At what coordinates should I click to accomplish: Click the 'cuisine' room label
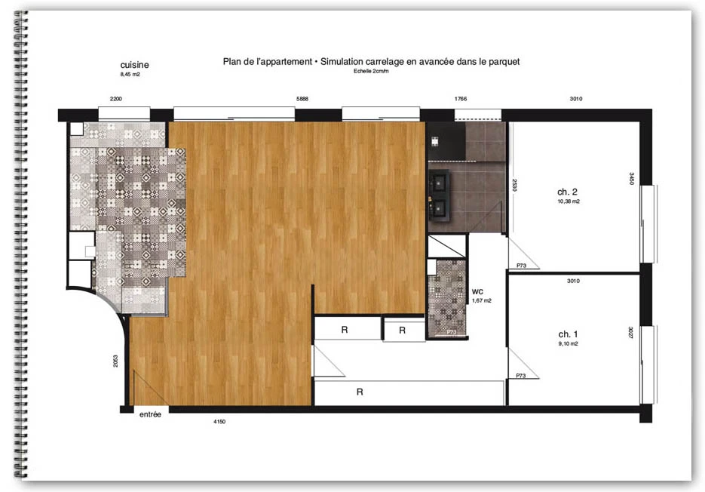pos(134,65)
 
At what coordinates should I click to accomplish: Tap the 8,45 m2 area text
pos(130,74)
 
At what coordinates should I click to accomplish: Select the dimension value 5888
pos(302,99)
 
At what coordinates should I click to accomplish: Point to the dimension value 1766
pos(461,99)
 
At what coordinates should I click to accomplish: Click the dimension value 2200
pos(116,99)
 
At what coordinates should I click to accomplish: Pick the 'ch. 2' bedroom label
pos(568,192)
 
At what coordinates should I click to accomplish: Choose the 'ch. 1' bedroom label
pos(568,334)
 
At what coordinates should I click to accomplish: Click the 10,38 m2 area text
pos(569,201)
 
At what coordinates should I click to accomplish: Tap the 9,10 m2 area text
pos(569,343)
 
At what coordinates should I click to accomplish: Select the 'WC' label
pos(477,292)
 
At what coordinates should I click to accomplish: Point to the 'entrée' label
pos(150,414)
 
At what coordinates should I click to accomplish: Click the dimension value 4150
pos(219,422)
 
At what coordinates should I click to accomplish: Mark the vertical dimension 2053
pos(115,361)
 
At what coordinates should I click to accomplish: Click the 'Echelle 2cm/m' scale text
pos(371,71)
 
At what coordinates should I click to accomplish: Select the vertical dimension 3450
pos(631,179)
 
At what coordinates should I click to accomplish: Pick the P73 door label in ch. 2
pos(521,266)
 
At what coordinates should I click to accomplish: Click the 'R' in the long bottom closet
pos(360,392)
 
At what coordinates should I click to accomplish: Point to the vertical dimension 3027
pos(631,333)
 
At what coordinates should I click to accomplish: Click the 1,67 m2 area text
pos(482,300)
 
